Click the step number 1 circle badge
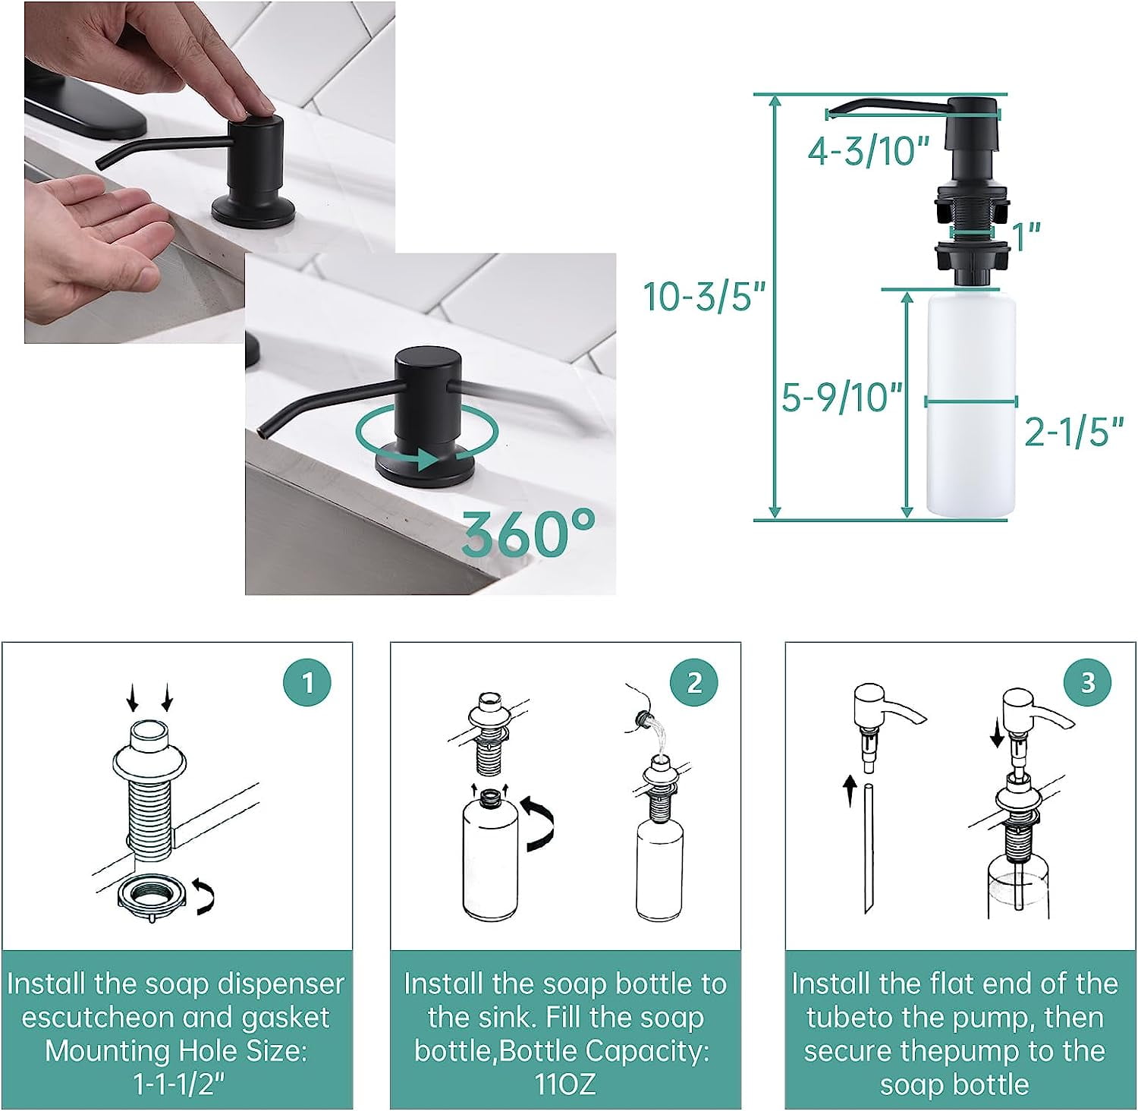tap(307, 682)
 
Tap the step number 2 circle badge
tap(694, 682)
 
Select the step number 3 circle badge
tap(1088, 682)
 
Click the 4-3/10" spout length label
tap(868, 151)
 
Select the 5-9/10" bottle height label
tap(842, 397)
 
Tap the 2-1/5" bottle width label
tap(1074, 432)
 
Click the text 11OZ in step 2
tap(565, 1084)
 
